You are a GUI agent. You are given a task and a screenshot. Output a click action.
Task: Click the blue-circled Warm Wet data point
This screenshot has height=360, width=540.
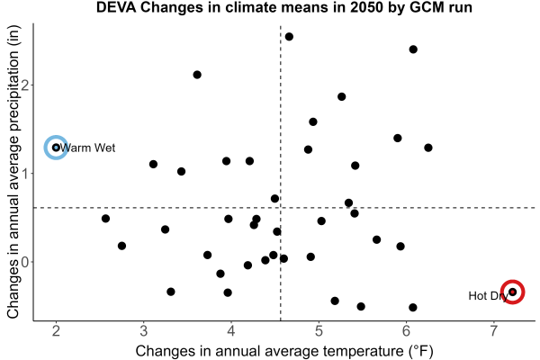coord(56,148)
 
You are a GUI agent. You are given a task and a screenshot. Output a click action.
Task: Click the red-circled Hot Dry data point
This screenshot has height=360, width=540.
coord(512,292)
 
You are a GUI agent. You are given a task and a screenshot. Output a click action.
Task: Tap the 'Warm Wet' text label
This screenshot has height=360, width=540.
coord(87,148)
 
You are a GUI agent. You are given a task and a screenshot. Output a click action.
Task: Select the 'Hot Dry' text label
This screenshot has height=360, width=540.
coord(489,296)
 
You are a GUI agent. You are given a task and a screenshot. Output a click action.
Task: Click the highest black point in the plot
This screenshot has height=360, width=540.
coord(289,37)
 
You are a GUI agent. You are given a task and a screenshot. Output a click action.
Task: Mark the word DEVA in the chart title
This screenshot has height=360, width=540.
coord(116,7)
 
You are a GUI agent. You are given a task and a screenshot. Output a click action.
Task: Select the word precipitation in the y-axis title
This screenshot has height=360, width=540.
coord(13,92)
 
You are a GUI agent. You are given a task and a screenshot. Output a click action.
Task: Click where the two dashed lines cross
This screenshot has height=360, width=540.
coord(281,208)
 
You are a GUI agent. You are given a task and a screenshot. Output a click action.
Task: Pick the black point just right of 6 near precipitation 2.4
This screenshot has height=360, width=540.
coord(413,49)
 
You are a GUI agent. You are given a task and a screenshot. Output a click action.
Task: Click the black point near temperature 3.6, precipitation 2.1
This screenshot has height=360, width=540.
coord(197,75)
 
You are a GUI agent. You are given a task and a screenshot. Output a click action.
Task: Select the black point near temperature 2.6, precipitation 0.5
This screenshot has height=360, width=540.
coord(105,219)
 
